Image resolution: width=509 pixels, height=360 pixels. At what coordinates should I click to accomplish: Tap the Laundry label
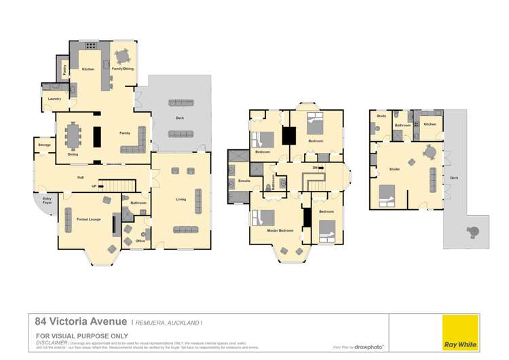pos(54,99)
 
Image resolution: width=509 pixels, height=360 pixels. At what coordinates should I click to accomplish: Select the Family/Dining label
pos(122,69)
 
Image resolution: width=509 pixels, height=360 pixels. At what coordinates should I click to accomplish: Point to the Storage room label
pos(44,145)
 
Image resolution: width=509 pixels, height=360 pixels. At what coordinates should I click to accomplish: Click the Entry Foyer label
pos(48,202)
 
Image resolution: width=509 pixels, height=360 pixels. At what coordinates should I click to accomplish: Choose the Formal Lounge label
pos(88,219)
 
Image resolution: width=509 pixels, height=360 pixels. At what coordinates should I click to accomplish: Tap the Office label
pos(140,240)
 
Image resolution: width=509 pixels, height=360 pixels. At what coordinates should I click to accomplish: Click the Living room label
pos(181,199)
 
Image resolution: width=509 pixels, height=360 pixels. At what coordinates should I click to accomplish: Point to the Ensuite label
pos(245,182)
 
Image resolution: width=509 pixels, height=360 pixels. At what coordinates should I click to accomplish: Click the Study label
pos(381,116)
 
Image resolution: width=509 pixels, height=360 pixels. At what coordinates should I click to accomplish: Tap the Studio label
pos(394,168)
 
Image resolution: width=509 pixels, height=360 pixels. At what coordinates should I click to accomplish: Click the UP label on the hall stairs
pos(103,185)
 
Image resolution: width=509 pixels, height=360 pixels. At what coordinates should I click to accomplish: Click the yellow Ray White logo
pos(460,333)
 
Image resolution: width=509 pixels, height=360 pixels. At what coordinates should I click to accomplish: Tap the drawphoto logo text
pos(369,346)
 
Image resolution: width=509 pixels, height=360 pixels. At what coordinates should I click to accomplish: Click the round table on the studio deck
pos(473,231)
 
